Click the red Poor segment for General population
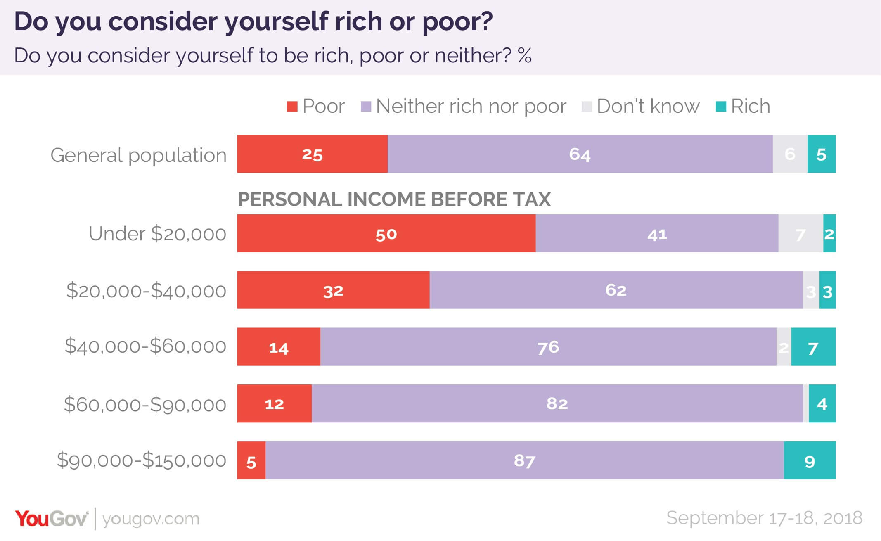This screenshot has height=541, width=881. tap(312, 154)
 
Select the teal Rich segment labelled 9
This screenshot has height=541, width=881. tap(809, 460)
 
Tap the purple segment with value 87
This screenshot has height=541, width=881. tap(524, 460)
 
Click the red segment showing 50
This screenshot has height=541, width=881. tap(386, 233)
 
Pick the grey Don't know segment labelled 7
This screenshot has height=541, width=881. tap(800, 233)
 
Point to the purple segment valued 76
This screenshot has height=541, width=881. tap(548, 347)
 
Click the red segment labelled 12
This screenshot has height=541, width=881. tap(274, 403)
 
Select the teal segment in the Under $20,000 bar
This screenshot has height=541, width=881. tap(829, 233)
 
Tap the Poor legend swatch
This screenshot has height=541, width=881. tap(292, 107)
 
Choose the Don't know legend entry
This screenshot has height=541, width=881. tap(641, 107)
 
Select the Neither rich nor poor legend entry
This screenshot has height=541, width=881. tap(463, 107)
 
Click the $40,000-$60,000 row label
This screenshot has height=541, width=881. tap(145, 346)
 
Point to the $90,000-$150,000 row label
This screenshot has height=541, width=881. tap(142, 460)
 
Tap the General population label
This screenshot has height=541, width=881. tap(138, 155)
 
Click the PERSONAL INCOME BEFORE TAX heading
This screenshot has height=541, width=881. tap(394, 199)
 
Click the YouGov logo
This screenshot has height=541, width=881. tap(52, 519)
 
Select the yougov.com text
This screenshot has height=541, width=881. tap(151, 519)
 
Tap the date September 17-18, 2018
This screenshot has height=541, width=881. tap(764, 518)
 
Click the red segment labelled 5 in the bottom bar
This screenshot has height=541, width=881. tap(251, 460)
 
